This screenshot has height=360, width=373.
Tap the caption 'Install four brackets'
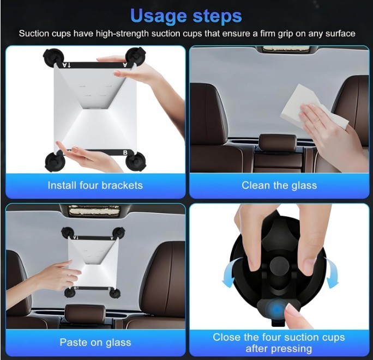tap(95, 185)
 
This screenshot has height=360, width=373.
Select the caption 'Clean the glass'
tap(279, 185)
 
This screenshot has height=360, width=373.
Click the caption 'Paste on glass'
tap(95, 342)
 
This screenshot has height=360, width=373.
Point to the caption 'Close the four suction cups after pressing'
tap(279, 343)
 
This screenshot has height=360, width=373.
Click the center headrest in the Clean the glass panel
tap(278, 144)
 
